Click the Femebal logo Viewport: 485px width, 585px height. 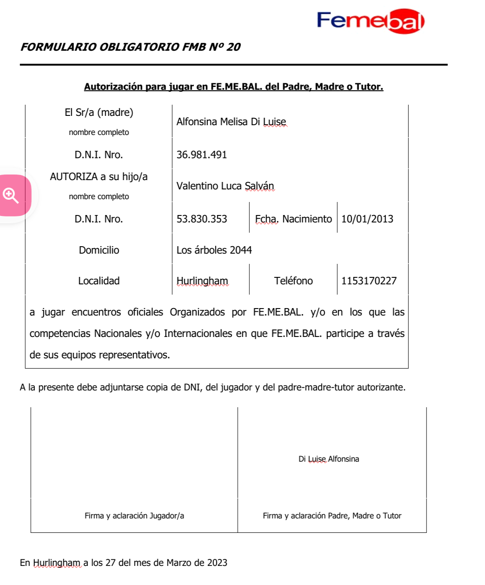(370, 21)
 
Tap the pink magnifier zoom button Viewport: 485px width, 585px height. (11, 195)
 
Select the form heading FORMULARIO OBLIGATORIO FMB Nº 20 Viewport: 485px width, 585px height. (130, 47)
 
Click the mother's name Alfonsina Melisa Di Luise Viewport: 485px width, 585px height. (231, 122)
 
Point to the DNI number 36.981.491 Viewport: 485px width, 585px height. (202, 155)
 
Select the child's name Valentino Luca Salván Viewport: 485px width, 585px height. (225, 186)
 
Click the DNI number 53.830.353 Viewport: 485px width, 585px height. (202, 219)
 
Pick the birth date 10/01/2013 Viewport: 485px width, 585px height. (367, 219)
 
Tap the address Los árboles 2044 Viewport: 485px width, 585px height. (214, 250)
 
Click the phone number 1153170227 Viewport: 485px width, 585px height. (369, 281)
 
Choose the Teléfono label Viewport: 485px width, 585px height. (293, 281)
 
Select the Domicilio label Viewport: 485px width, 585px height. (99, 250)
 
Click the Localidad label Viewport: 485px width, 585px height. (99, 281)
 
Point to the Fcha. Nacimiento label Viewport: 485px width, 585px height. (293, 219)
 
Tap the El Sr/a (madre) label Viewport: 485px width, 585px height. (99, 113)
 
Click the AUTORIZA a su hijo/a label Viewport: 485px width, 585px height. (99, 177)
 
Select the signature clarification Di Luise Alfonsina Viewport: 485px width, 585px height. (329, 459)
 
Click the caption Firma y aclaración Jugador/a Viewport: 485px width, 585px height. (134, 516)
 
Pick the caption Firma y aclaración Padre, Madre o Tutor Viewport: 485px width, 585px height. (332, 516)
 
